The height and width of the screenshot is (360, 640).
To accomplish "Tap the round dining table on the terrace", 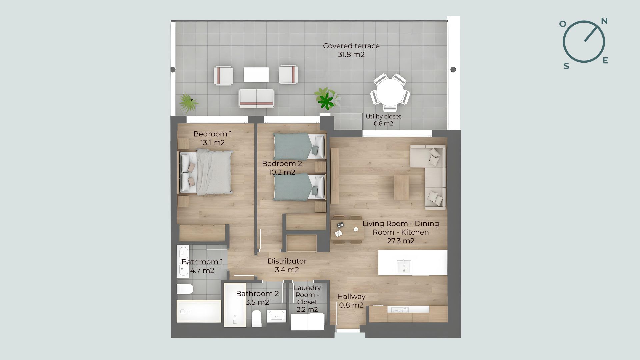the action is tap(390, 92).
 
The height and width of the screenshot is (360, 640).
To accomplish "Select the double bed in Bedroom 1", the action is tap(206, 172).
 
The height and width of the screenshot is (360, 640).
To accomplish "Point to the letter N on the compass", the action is tap(604, 21).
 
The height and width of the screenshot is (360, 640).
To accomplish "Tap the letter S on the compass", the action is tap(566, 66).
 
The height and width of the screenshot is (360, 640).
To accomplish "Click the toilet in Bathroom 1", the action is tap(185, 289).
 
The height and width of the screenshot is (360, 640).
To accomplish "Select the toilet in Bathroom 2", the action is tap(257, 318).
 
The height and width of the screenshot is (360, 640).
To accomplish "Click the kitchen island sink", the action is tap(404, 267).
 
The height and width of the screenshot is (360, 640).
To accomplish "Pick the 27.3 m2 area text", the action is tap(401, 241).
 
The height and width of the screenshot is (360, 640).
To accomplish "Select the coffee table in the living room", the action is tap(401, 187).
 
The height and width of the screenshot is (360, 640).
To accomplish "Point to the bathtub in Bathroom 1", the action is tap(199, 311).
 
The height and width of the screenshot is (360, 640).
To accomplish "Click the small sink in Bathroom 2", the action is tap(276, 315).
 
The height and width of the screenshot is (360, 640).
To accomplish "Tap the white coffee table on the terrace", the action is tap(256, 75).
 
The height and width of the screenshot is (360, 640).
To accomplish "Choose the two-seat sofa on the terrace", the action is tap(256, 98).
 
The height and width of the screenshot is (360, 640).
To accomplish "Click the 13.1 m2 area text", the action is tap(212, 143).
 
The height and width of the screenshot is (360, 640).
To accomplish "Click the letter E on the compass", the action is tap(605, 60).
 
